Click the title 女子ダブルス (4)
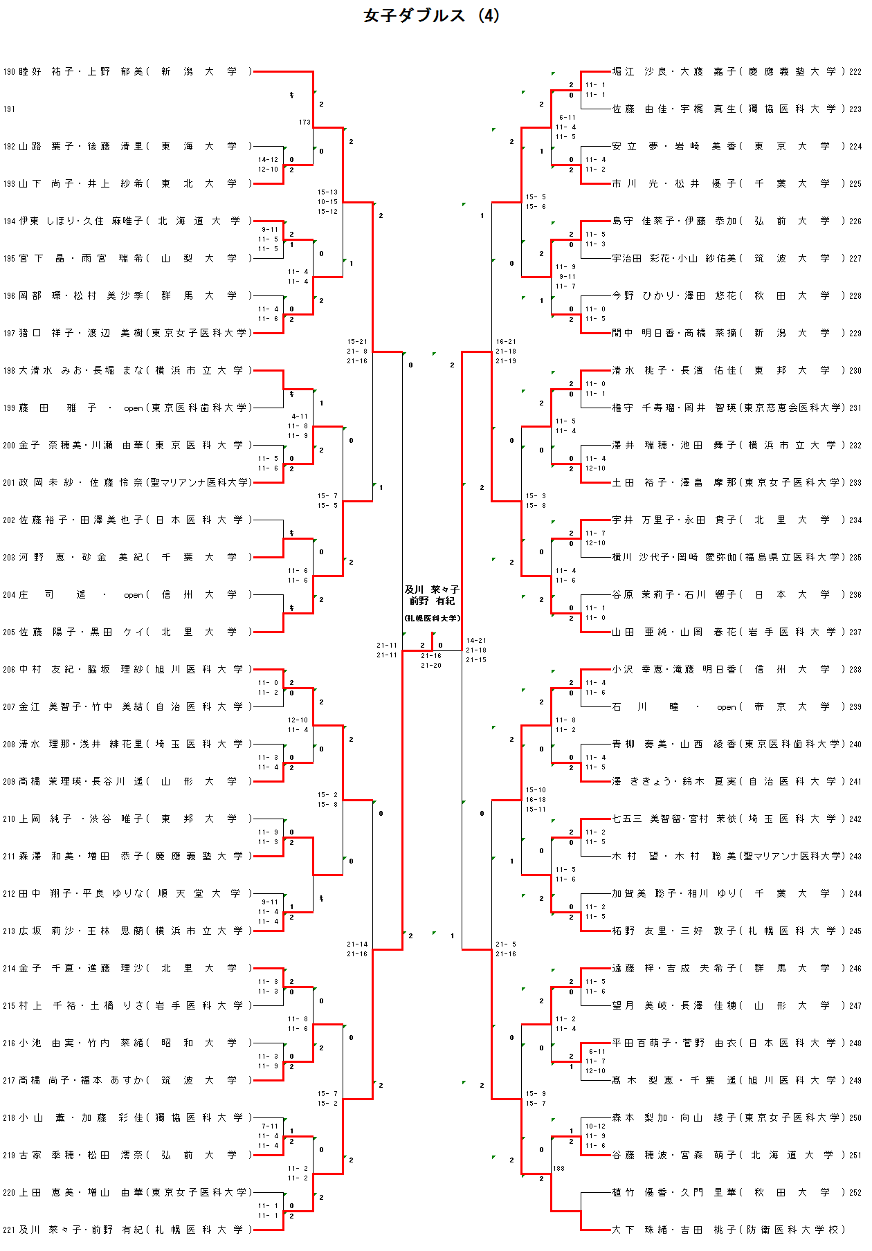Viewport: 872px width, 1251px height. [431, 16]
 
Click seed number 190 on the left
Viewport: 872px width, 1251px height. [9, 72]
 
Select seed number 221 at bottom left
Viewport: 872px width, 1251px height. [9, 1230]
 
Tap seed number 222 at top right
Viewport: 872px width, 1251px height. [855, 72]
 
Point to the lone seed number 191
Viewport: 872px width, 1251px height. [9, 109]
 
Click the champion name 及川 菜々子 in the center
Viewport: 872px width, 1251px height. [432, 590]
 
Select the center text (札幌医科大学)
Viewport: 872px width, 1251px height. [432, 618]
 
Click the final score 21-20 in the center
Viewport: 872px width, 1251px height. [431, 666]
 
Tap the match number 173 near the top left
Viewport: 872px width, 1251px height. [305, 122]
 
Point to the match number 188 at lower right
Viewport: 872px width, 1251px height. [558, 1169]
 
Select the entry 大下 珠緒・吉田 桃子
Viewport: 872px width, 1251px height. [727, 1230]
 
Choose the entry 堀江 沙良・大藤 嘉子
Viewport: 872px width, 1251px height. [727, 72]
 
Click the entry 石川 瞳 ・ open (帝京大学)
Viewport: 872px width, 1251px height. [727, 707]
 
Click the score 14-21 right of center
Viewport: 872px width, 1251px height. [476, 641]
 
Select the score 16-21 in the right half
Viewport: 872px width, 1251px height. [506, 342]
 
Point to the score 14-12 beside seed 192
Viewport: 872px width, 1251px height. [268, 160]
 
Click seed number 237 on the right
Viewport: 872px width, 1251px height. [855, 632]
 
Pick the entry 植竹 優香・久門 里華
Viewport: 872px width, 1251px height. [727, 1192]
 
